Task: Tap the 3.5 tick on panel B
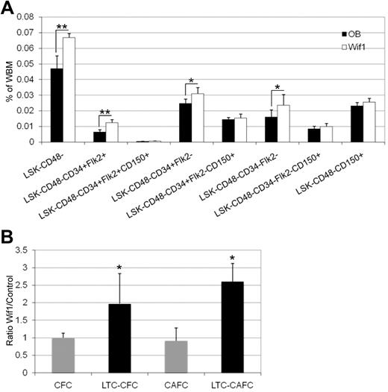[34, 250]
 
